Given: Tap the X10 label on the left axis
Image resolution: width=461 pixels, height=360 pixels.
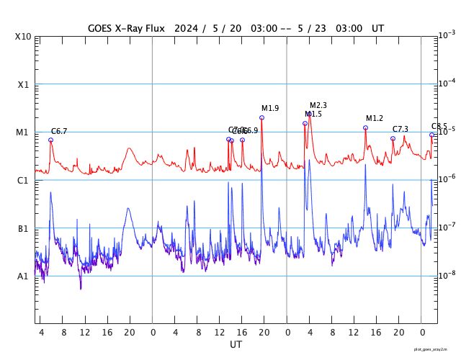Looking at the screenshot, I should (24, 36).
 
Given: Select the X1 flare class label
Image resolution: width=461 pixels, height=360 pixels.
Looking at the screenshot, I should (24, 84).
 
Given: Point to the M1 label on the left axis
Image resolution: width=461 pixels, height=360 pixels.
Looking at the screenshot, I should (23, 132).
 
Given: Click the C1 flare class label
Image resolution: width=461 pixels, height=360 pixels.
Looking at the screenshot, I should (23, 180).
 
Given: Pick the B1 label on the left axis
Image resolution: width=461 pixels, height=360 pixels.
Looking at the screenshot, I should (23, 228).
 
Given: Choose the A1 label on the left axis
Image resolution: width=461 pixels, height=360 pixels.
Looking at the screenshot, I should (23, 276).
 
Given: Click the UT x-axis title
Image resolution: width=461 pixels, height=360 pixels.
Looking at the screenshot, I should (236, 345).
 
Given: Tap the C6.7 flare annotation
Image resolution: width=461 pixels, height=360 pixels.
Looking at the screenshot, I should (59, 131).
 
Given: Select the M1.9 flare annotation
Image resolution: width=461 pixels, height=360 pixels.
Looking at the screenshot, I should (270, 109).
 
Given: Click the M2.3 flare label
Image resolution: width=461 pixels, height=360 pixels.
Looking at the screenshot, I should (318, 106).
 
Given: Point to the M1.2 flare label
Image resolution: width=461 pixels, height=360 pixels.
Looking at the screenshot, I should (375, 119).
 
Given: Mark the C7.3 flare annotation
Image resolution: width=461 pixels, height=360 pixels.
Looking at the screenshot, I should (400, 130).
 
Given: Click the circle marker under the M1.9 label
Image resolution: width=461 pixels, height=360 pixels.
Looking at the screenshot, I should (261, 117).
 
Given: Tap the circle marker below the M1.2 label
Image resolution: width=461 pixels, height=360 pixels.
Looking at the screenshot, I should (365, 127).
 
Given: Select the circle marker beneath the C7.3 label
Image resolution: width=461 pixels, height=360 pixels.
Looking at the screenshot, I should (393, 138).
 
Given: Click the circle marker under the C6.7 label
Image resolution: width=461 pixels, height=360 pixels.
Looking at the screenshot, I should (50, 140).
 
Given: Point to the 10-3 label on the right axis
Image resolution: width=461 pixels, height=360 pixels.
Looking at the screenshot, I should (447, 35).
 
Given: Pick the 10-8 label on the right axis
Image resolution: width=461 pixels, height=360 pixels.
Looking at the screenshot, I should (447, 275).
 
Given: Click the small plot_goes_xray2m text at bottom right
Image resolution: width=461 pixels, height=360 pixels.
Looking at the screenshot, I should (436, 349).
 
